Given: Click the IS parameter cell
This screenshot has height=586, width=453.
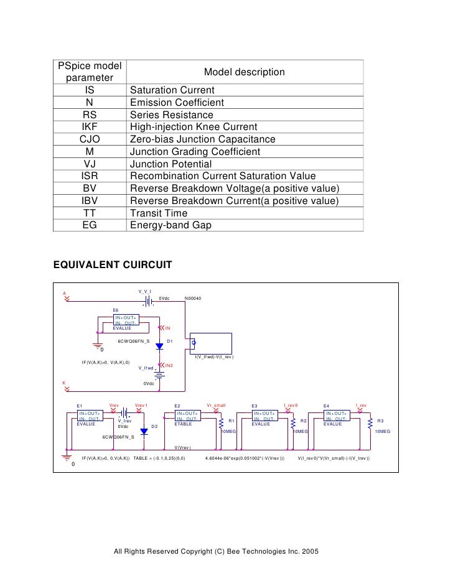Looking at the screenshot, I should coord(90,90).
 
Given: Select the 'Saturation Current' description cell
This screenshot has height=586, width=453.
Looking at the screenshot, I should coord(172,90).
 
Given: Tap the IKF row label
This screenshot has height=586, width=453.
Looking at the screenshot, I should coord(90,128).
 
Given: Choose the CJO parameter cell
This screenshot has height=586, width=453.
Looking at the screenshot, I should coord(90,139).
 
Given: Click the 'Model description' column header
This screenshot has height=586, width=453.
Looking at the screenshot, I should coord(245,72).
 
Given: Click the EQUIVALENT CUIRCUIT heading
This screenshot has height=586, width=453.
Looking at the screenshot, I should coord(113,264).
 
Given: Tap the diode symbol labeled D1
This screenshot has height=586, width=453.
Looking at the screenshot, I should coord(159,346).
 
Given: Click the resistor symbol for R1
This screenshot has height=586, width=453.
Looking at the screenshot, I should coord(220,423).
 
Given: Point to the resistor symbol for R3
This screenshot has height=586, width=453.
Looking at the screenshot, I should coord(370,423).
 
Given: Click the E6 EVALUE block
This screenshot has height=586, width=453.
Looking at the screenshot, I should coord(126,322).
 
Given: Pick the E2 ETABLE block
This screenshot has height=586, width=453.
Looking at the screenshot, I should coord(187,417).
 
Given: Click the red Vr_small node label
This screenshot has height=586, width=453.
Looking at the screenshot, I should coord(216,405).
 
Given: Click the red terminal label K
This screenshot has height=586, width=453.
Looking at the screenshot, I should coord(63,383).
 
